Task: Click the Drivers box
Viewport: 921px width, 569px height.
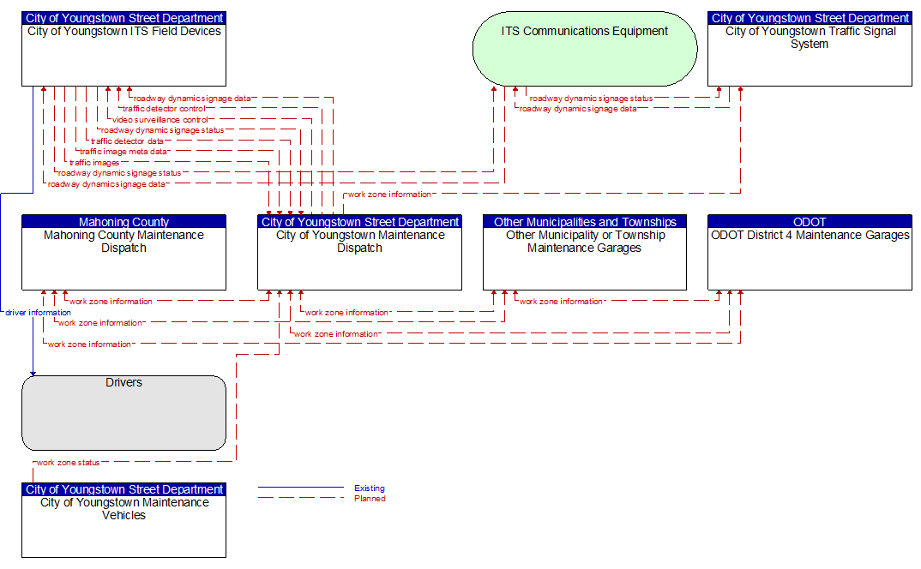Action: (x=123, y=413)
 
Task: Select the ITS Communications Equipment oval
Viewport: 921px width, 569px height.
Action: (x=585, y=49)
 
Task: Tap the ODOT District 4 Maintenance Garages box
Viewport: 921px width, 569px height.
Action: (x=810, y=253)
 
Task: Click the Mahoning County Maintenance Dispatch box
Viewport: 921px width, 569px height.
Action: (x=123, y=253)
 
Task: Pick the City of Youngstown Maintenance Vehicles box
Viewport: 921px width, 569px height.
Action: (x=123, y=520)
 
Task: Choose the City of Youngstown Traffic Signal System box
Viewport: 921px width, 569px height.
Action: (x=810, y=49)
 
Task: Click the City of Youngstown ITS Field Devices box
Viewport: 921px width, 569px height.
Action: (x=123, y=49)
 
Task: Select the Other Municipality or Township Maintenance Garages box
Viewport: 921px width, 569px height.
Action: (x=585, y=253)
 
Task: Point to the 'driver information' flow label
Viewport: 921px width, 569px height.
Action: (x=39, y=313)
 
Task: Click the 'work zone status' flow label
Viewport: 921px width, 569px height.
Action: (x=68, y=463)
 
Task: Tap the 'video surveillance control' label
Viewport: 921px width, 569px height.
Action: (x=160, y=120)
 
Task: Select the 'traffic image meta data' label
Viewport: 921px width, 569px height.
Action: (x=123, y=152)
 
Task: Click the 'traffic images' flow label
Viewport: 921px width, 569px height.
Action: (x=94, y=163)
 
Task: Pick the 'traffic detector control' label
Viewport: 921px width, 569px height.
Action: (x=164, y=109)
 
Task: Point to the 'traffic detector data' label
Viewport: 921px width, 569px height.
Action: (x=127, y=141)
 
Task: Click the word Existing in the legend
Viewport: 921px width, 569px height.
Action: (x=370, y=488)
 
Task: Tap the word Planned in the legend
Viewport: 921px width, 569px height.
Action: (x=370, y=499)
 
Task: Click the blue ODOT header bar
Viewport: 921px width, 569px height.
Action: (x=810, y=221)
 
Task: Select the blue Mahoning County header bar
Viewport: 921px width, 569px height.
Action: (x=123, y=221)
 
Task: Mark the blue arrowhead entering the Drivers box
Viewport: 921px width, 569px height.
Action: (x=33, y=373)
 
